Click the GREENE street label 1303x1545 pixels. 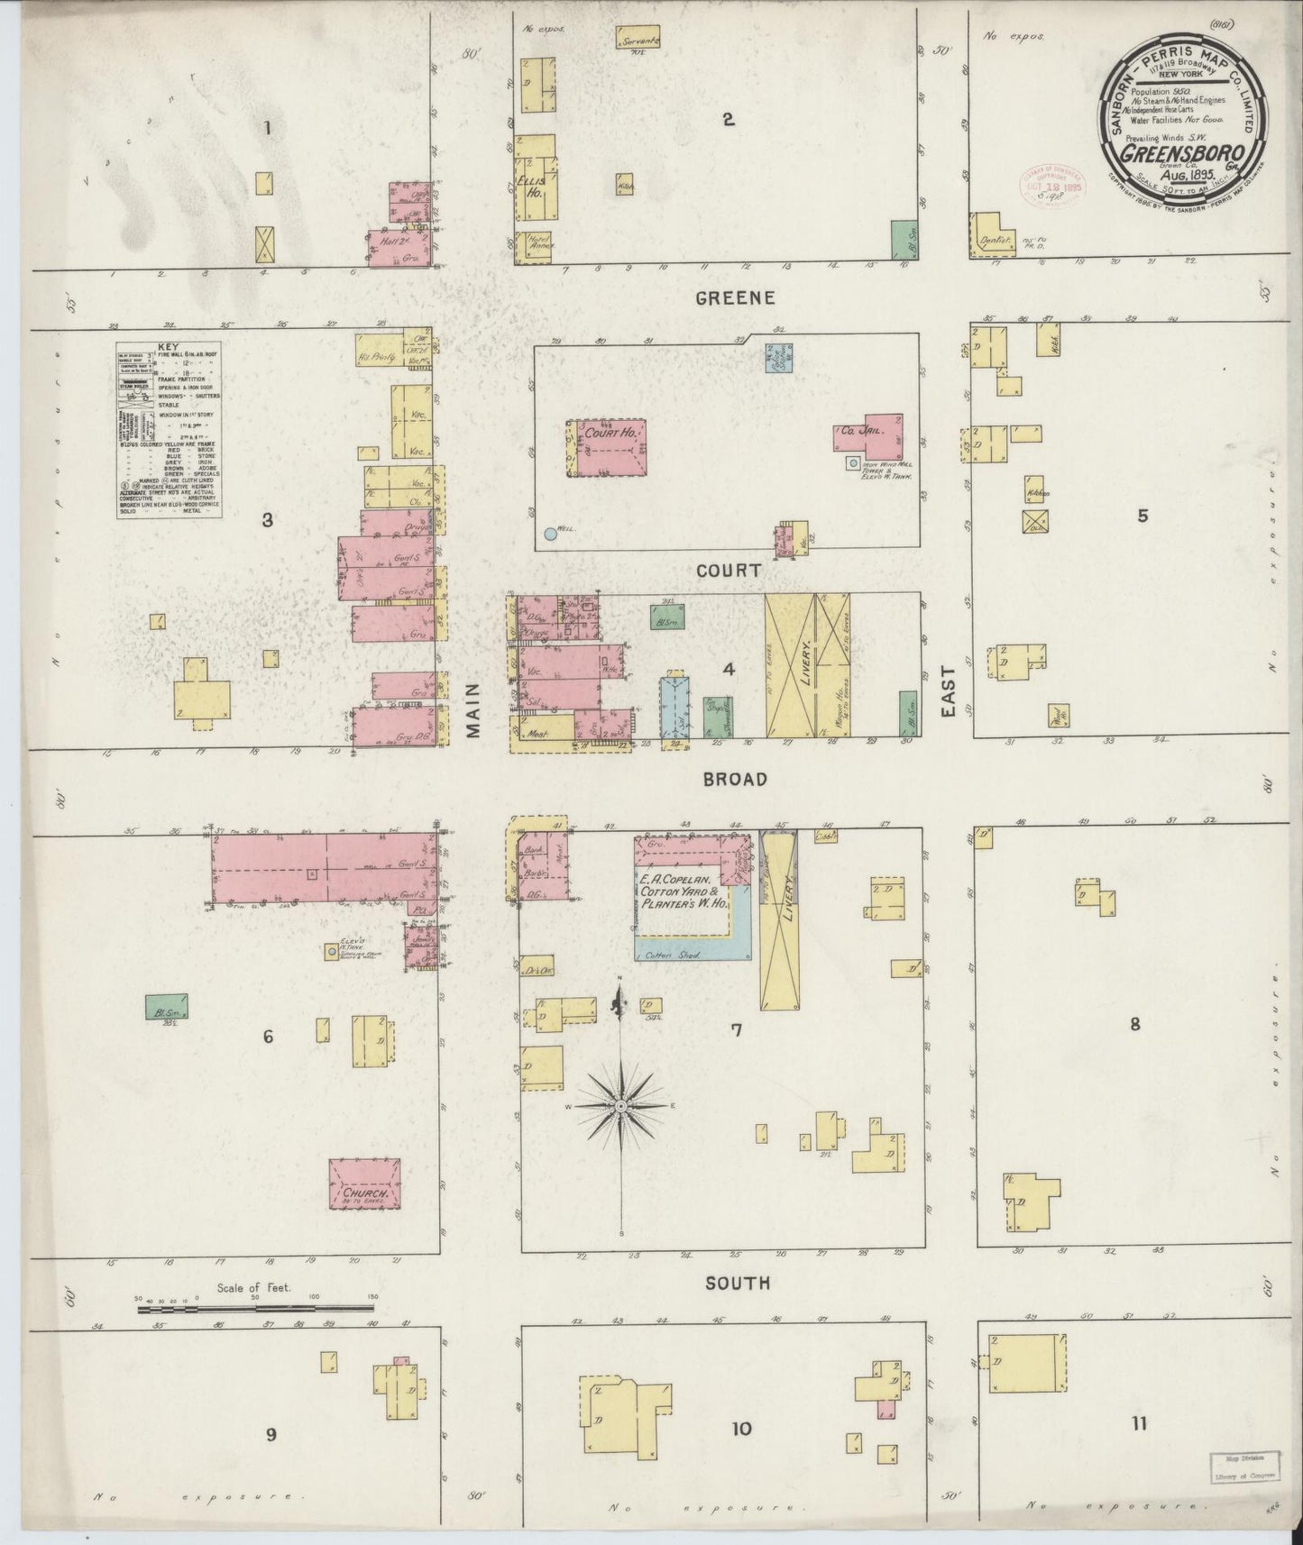[x=735, y=298]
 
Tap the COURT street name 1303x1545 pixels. [x=728, y=571]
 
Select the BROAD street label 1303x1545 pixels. [x=735, y=779]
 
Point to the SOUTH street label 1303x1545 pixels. [x=737, y=1283]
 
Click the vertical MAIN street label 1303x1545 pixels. [x=473, y=711]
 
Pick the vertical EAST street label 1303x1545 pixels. [x=949, y=692]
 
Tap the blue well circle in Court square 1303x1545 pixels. [x=550, y=534]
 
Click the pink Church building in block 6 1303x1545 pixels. [x=363, y=1184]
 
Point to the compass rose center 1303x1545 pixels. [x=620, y=1105]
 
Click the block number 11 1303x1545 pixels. [x=1140, y=1423]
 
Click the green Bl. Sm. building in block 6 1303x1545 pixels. [x=165, y=1006]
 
